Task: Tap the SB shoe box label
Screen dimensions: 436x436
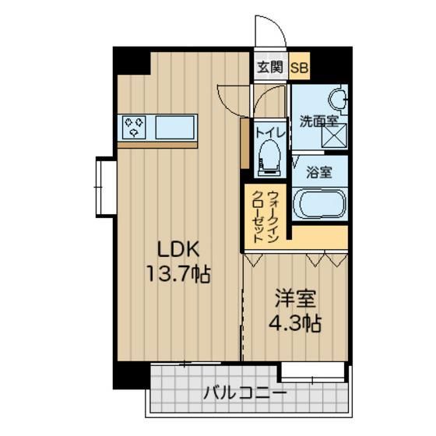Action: point(299,68)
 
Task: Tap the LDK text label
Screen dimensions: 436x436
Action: point(180,250)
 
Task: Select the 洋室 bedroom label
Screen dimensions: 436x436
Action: point(295,297)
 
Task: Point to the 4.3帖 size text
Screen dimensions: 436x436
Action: point(295,322)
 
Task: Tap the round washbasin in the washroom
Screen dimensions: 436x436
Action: point(337,100)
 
